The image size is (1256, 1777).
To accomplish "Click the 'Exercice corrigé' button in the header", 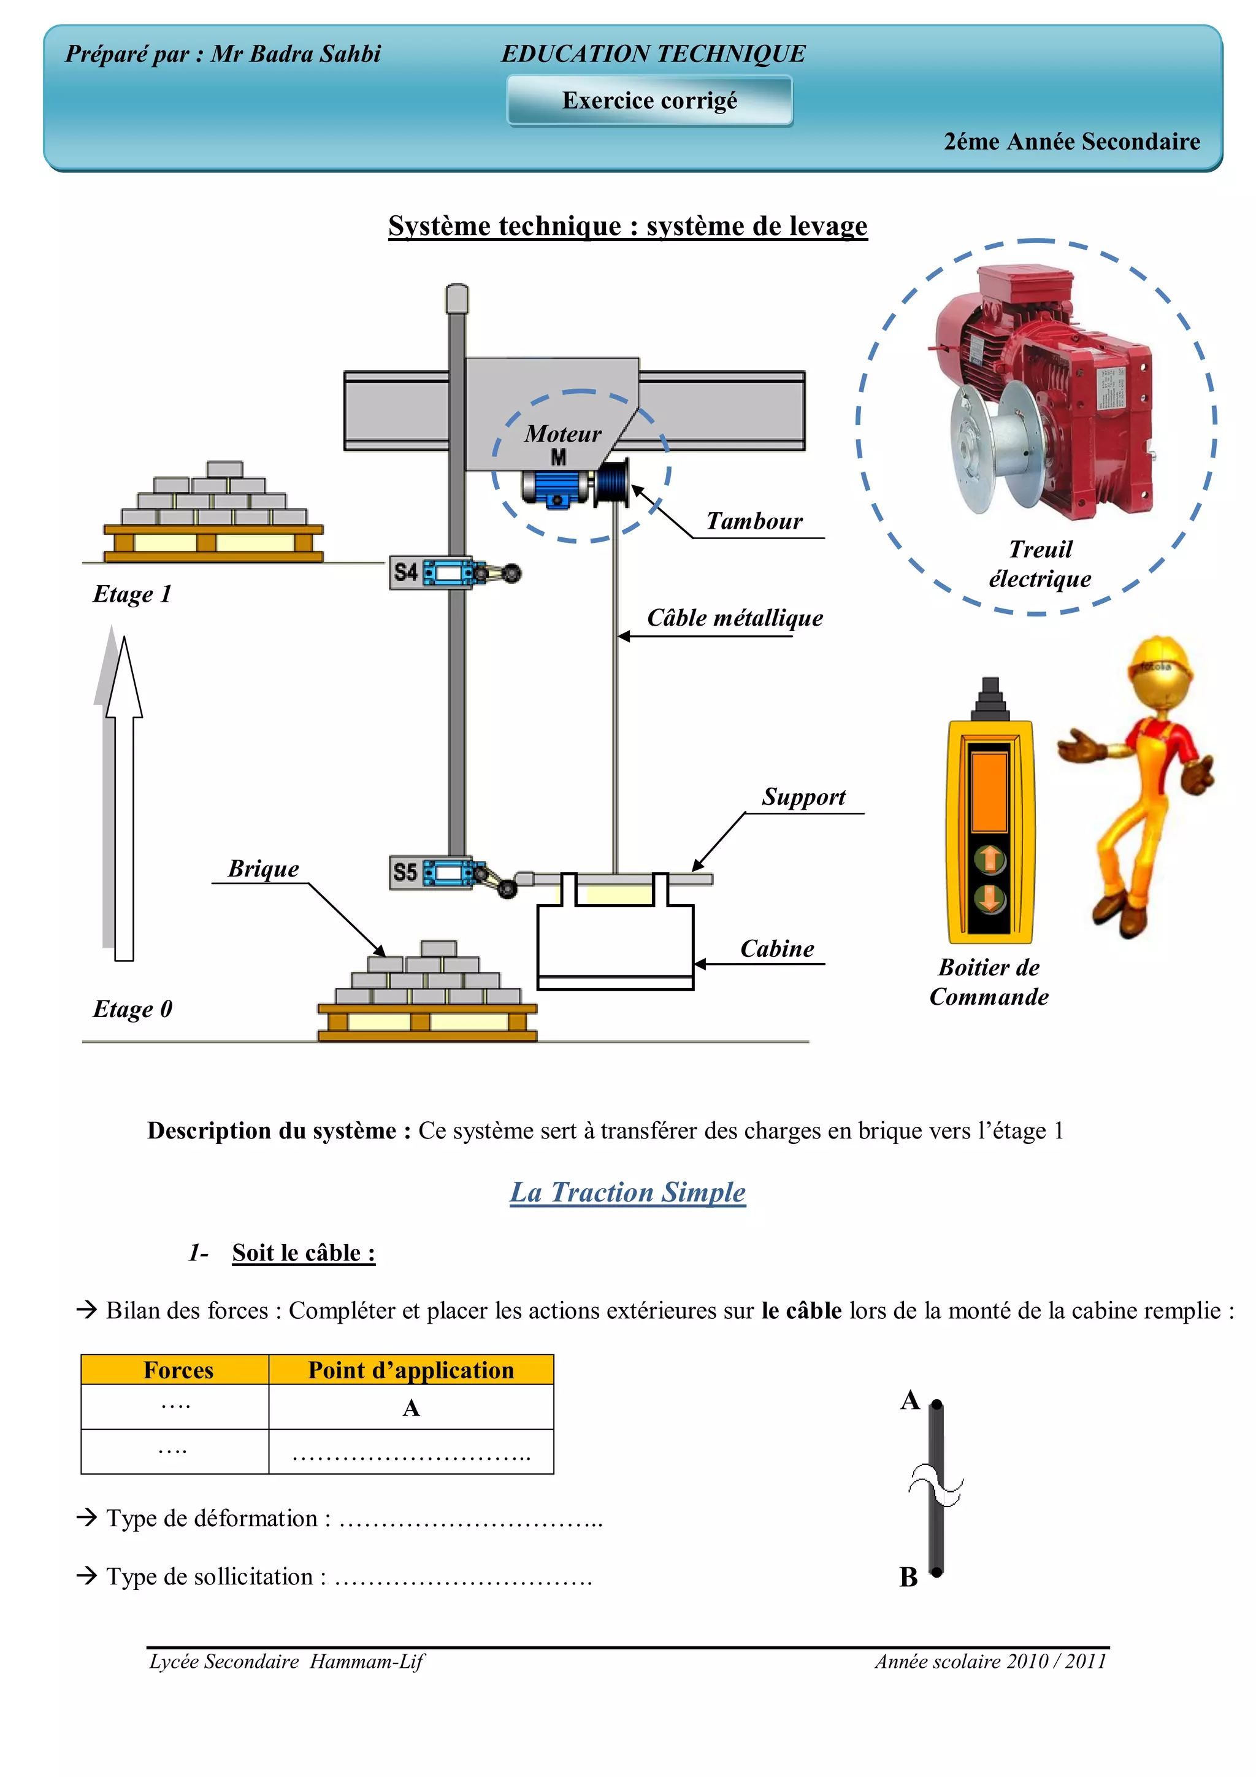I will [x=649, y=101].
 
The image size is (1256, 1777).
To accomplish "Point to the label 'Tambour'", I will [x=754, y=521].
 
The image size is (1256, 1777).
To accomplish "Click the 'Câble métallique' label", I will [x=735, y=618].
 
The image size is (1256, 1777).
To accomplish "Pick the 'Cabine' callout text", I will [x=777, y=948].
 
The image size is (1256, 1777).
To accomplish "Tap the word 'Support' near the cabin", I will [x=803, y=796].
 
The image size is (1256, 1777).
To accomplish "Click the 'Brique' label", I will [x=263, y=869].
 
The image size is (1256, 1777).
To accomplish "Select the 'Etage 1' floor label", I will [x=132, y=594].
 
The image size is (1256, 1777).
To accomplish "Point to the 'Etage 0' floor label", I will [x=132, y=1008].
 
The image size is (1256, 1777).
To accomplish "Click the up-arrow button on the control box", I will [x=990, y=859].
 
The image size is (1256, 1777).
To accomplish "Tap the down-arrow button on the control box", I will [x=990, y=899].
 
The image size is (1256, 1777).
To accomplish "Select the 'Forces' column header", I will [x=178, y=1370].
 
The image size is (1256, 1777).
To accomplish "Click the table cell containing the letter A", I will [x=411, y=1407].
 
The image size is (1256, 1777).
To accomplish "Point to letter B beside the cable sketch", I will [x=908, y=1576].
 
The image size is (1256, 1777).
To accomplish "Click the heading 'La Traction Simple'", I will [x=627, y=1192].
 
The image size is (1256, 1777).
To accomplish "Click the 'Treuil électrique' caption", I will [x=1040, y=564].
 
